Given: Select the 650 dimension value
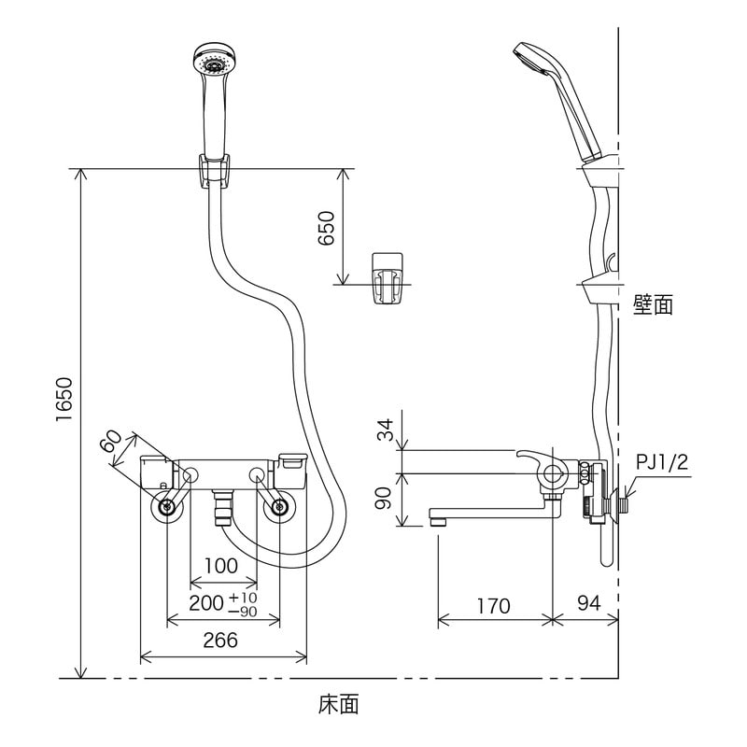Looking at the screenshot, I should (326, 228).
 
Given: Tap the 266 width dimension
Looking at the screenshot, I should (221, 640).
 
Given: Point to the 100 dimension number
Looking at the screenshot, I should (220, 566).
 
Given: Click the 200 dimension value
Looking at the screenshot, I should (206, 603).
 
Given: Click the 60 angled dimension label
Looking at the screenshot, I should (114, 445).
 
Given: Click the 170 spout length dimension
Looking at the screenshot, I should (492, 606).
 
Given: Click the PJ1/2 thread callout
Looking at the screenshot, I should (661, 462).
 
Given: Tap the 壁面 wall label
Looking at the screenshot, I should (653, 304).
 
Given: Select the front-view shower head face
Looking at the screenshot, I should (214, 63).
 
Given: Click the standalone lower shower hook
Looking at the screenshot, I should (387, 276).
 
